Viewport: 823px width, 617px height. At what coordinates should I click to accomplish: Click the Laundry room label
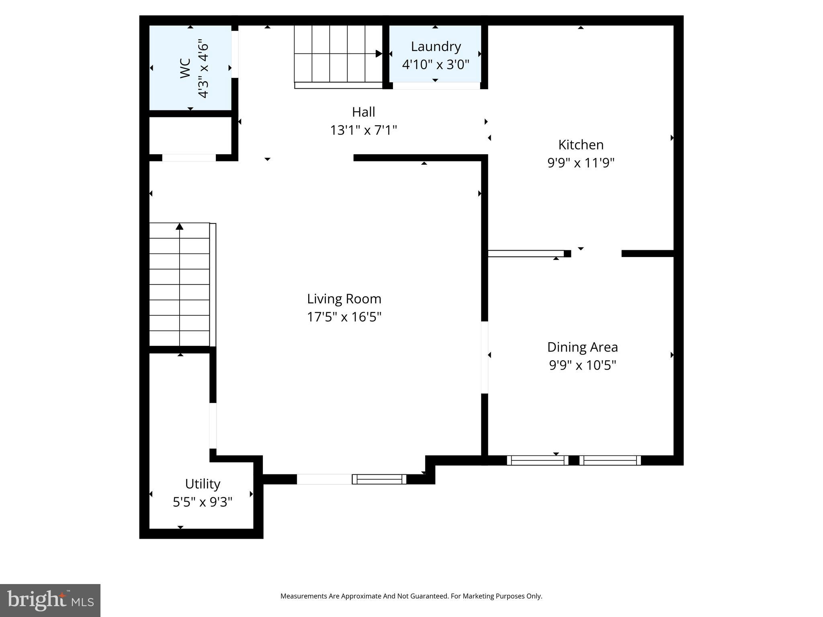point(436,47)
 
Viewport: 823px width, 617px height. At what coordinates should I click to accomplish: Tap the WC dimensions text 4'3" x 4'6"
point(203,68)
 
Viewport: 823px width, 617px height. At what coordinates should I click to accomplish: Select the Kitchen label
point(581,145)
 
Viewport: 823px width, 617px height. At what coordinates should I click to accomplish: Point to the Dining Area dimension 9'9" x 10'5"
point(582,365)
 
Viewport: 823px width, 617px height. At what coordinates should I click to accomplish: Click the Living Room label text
point(344,299)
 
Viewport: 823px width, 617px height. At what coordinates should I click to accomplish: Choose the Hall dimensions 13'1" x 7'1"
point(363,130)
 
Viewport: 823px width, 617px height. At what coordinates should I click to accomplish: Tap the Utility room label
point(203,484)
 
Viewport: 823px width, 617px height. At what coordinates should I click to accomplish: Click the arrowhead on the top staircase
point(379,53)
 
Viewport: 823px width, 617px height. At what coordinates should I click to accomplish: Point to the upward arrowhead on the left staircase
point(180,227)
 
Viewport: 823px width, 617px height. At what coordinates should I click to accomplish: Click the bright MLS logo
point(50,600)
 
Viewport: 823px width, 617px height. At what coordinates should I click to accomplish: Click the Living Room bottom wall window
point(379,479)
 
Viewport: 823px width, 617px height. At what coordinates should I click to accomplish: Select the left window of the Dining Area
point(537,460)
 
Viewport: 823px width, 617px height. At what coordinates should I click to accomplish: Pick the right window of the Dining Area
point(610,460)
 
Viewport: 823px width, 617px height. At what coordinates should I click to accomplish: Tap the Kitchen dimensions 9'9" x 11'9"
point(581,163)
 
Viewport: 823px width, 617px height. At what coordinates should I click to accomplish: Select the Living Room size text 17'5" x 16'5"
point(344,317)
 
